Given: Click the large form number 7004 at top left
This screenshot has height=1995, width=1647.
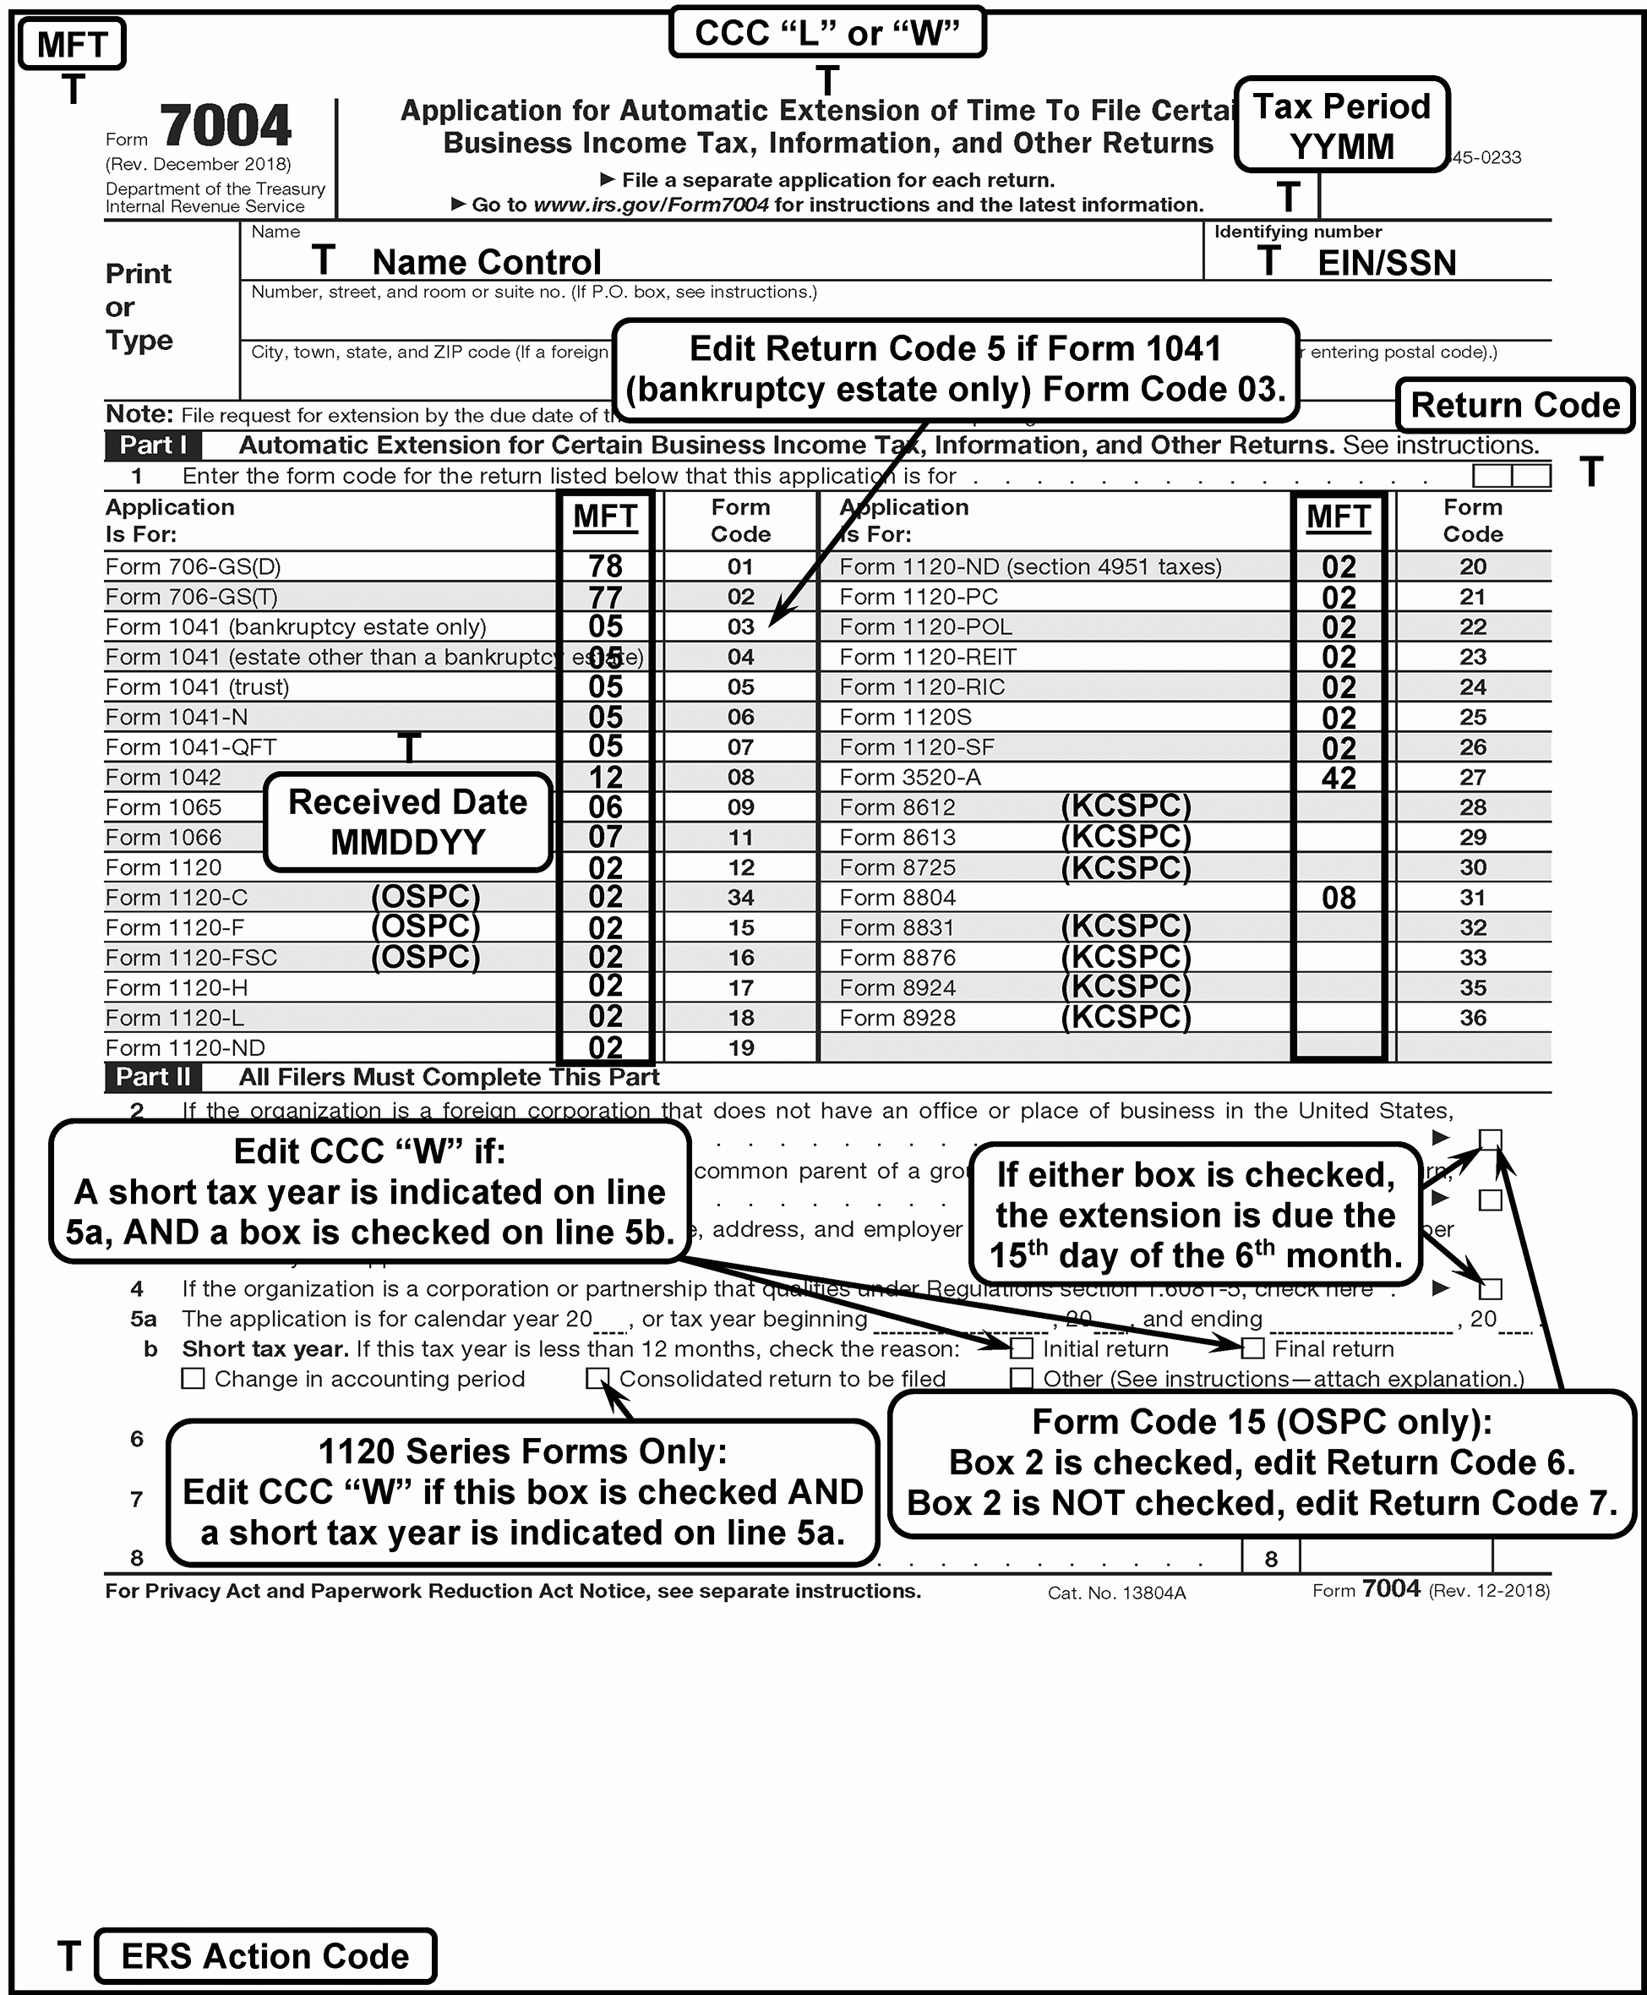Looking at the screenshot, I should click(225, 125).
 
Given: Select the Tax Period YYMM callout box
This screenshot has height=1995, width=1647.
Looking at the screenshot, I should click(1340, 125).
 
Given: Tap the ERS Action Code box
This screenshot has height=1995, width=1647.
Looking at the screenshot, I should click(265, 1955).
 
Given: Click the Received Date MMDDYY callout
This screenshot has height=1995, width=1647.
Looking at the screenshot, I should click(407, 822).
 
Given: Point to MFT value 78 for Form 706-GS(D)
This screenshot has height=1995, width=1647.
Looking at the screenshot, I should click(605, 566).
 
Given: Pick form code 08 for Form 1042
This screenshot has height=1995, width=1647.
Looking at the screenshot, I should click(740, 778).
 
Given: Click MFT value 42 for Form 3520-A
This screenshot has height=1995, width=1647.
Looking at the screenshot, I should click(1338, 779).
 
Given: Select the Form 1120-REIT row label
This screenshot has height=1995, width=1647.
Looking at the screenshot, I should click(927, 657).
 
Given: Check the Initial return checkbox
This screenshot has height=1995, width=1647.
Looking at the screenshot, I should click(1022, 1348).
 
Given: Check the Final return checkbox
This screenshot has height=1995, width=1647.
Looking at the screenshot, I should click(1253, 1348).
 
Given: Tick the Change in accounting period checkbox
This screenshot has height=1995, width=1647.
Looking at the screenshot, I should click(193, 1378).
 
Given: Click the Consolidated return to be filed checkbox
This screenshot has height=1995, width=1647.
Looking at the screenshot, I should click(597, 1378).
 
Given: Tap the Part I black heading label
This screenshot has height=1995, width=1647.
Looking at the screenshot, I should click(152, 445).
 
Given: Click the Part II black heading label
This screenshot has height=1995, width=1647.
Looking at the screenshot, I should click(152, 1077).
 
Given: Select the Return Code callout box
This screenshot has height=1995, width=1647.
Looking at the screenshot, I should click(1514, 405).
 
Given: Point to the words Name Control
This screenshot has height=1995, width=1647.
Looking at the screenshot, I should click(486, 262).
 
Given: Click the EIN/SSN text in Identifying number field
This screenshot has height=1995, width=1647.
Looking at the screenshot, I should click(1385, 263).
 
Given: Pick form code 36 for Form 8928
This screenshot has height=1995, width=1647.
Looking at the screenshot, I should click(1471, 1018).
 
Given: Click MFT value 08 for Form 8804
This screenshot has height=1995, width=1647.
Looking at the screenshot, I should click(1338, 898).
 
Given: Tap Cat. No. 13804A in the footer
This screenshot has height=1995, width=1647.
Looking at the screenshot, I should click(1115, 1593).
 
